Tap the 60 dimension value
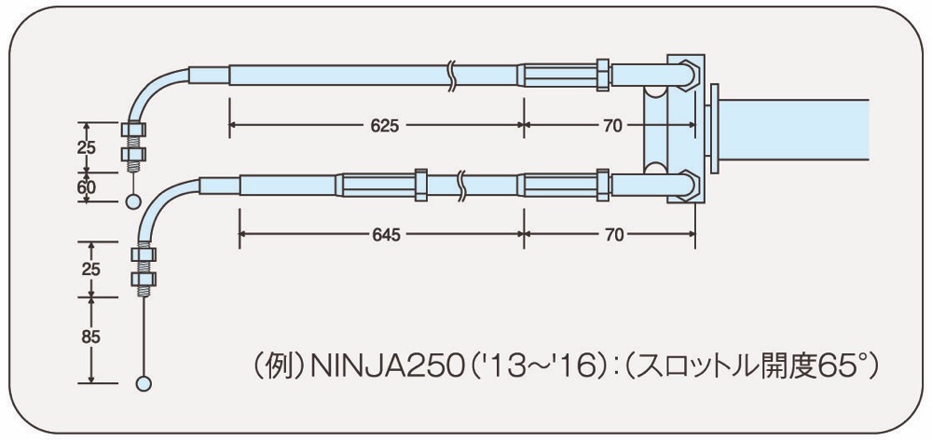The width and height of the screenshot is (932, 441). (85, 186)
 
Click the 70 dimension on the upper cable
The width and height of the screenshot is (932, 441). (612, 126)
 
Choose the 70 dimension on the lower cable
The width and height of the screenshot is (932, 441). (612, 235)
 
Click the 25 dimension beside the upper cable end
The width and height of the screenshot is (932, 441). (86, 146)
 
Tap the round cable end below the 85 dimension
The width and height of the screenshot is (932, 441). (144, 382)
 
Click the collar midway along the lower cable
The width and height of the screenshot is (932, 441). (421, 184)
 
